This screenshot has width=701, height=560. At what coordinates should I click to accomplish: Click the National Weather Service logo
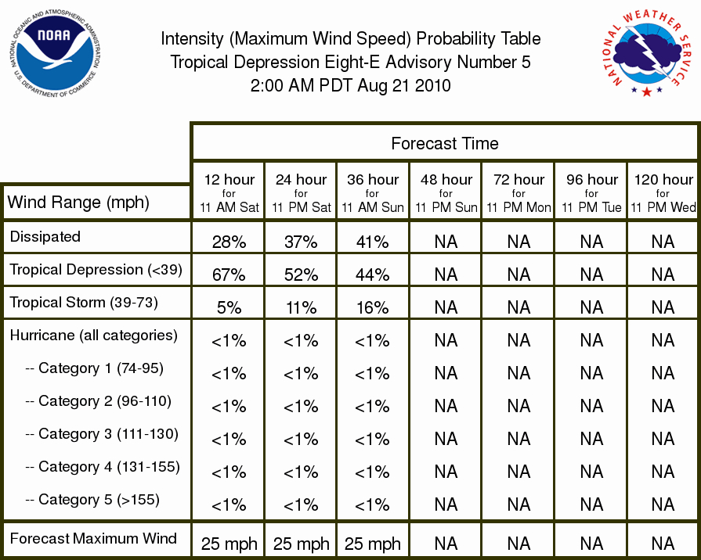[x=647, y=52]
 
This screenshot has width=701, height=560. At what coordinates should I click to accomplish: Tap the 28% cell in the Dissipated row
[x=229, y=242]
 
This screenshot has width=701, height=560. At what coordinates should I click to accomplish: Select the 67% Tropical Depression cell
[x=229, y=275]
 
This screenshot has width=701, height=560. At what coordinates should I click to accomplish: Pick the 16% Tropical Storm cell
[x=372, y=307]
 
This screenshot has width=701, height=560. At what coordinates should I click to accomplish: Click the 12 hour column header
[x=229, y=193]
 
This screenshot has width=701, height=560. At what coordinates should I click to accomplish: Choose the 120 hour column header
[x=663, y=193]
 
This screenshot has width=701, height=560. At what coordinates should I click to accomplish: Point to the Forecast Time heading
[x=445, y=143]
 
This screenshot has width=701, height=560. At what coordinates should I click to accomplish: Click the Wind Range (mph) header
[x=78, y=203]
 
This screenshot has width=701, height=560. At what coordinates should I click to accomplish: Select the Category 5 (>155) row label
[x=92, y=499]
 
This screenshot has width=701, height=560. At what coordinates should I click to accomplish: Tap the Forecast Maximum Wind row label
[x=93, y=538]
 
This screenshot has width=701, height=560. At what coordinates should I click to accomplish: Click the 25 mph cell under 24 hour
[x=301, y=544]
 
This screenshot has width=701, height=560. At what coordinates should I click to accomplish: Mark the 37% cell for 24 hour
[x=301, y=242]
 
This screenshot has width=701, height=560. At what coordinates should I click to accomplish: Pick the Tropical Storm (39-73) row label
[x=84, y=303]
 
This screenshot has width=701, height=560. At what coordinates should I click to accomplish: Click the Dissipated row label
[x=45, y=236]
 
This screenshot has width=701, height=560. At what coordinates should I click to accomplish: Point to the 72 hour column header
[x=519, y=193]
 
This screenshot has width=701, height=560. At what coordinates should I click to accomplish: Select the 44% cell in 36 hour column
[x=372, y=275]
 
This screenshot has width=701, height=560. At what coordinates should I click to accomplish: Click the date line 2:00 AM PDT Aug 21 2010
[x=351, y=85]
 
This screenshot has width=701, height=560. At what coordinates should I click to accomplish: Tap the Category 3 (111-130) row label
[x=102, y=433]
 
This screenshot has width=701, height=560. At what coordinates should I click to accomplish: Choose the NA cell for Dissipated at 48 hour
[x=446, y=242]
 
